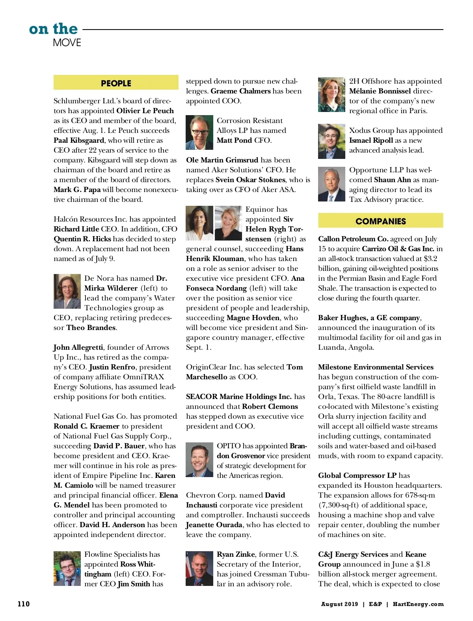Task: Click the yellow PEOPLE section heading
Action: [x=116, y=83]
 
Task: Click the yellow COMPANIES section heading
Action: [x=380, y=221]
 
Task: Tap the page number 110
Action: [x=24, y=604]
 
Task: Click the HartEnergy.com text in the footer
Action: [x=418, y=604]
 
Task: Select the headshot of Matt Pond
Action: [x=199, y=132]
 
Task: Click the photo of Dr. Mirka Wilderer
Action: [x=67, y=291]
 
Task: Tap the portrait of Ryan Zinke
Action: [x=199, y=568]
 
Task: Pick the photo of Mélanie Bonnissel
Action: [x=331, y=95]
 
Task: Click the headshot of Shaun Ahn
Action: [x=331, y=184]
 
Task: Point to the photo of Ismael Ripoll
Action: [x=331, y=141]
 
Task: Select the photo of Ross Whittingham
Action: [x=67, y=568]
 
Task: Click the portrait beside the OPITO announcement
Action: [x=199, y=460]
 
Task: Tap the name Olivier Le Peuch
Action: [x=145, y=111]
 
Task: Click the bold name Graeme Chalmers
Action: [x=240, y=91]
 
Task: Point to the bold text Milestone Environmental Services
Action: [x=376, y=367]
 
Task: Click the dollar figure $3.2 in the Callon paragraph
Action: [x=430, y=259]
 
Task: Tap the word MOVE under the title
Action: [x=67, y=43]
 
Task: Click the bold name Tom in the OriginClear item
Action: [x=294, y=367]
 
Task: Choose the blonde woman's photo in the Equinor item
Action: [x=228, y=223]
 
